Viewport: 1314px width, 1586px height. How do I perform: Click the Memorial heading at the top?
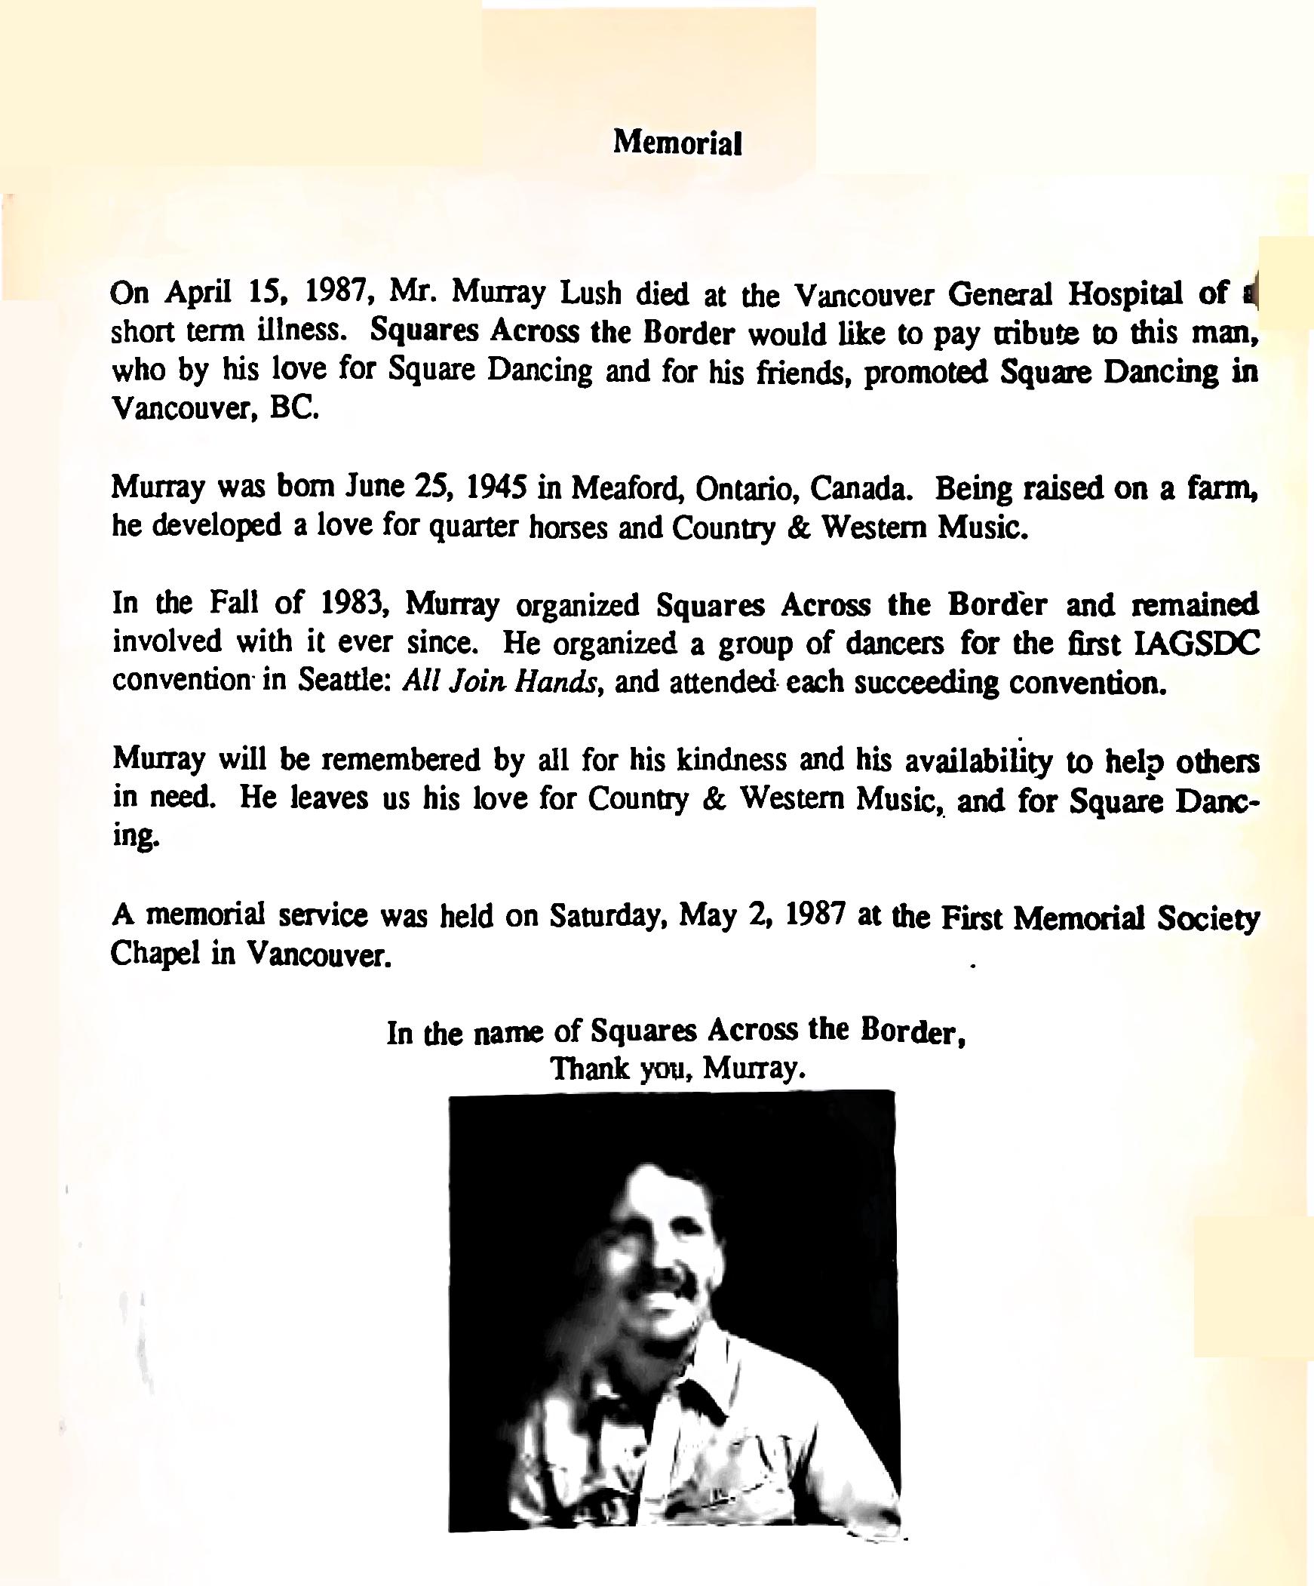pyautogui.click(x=677, y=142)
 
